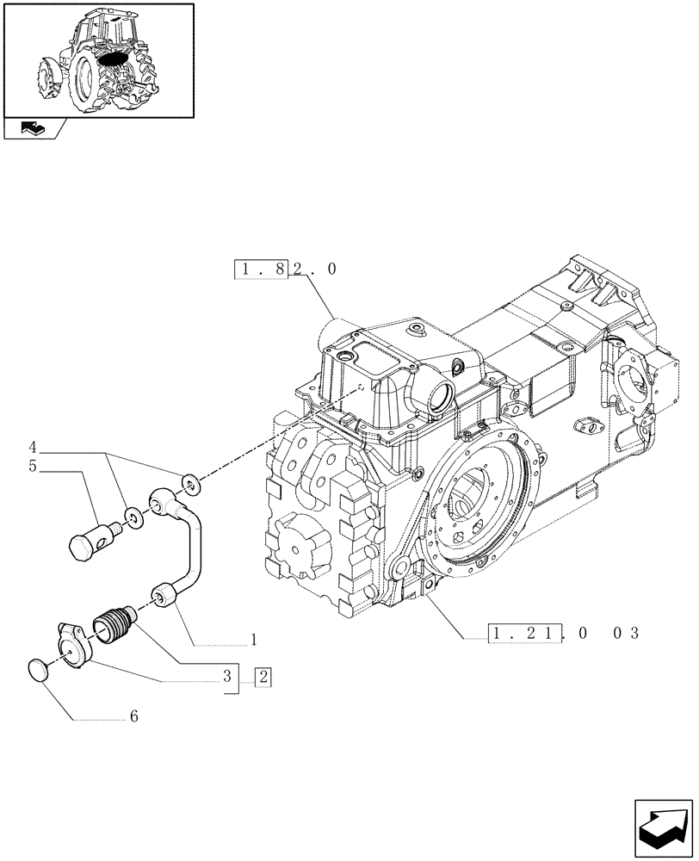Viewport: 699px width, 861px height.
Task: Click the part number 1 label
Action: [254, 640]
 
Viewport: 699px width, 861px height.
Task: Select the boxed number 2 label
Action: [263, 678]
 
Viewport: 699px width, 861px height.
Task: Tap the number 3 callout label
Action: [228, 678]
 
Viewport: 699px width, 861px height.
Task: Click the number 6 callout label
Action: [133, 715]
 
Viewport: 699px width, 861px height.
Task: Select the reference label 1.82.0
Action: [285, 269]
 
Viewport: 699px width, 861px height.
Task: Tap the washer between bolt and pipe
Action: [133, 517]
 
